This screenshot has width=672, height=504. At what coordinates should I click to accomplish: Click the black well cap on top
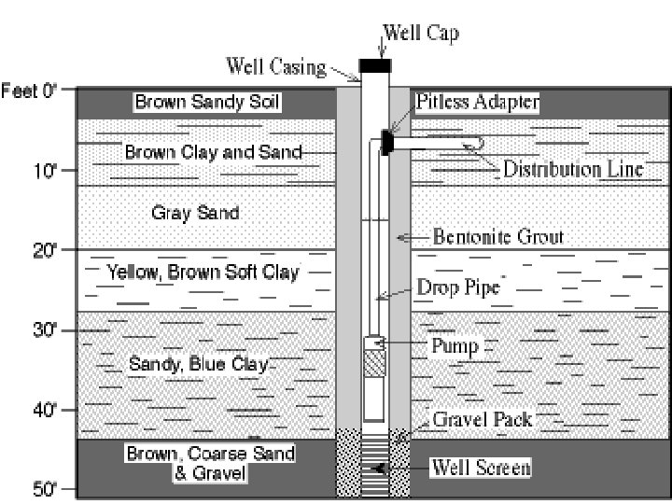375,65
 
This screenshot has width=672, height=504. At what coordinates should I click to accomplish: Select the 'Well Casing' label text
276,66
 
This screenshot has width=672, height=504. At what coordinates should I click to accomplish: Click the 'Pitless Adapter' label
477,102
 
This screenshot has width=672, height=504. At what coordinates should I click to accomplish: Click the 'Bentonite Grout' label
498,237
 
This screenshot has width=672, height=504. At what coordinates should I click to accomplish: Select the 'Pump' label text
455,346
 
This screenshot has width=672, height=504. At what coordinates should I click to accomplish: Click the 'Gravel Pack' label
482,419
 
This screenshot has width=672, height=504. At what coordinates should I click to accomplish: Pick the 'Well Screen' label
480,467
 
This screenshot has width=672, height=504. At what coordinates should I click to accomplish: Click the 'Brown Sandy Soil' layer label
207,101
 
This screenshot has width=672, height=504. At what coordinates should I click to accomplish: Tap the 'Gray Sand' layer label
195,213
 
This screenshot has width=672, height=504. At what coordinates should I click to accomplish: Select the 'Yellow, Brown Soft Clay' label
203,273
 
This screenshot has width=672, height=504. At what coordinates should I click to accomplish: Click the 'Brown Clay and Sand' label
213,152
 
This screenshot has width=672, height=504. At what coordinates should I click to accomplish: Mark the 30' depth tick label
46,329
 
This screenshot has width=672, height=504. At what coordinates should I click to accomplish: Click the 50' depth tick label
46,489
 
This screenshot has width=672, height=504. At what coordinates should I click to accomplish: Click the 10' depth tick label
46,170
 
